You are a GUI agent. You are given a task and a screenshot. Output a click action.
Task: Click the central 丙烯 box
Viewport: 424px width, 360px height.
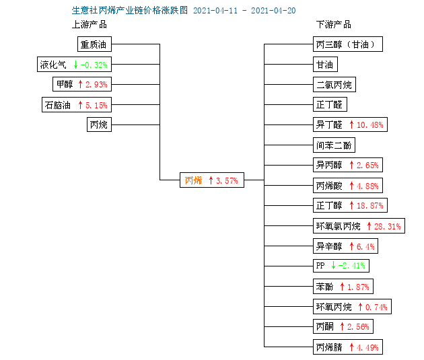click(212, 180)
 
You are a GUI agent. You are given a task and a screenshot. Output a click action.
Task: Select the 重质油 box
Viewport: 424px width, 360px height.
click(94, 44)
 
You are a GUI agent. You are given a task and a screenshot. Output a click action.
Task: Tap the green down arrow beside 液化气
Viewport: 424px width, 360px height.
click(75, 65)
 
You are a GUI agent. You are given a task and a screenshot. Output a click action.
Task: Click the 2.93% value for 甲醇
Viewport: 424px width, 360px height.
click(96, 85)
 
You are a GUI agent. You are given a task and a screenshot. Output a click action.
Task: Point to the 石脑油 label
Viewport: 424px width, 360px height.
click(58, 105)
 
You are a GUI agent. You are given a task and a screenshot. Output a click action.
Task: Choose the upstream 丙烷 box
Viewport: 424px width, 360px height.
click(99, 124)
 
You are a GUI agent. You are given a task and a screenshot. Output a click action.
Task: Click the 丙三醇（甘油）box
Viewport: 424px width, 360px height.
click(348, 44)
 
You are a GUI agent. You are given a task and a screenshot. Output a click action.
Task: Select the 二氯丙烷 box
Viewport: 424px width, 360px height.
click(334, 85)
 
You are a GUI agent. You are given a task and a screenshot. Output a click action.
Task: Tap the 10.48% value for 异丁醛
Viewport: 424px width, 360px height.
click(370, 125)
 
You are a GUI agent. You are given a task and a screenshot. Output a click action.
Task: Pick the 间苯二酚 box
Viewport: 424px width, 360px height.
click(334, 145)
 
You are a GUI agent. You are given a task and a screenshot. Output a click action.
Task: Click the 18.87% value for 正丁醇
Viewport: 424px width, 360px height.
click(370, 206)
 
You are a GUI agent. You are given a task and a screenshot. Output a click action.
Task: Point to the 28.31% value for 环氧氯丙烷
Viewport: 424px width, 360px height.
click(388, 226)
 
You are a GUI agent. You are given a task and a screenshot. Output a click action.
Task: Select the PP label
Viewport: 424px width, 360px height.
click(320, 266)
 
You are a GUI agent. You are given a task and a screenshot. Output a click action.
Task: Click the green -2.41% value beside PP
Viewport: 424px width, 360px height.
click(352, 266)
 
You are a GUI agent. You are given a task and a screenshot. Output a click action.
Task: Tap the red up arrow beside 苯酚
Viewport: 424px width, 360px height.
click(342, 287)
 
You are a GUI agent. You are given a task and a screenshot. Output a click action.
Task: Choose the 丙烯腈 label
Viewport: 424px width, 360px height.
click(329, 347)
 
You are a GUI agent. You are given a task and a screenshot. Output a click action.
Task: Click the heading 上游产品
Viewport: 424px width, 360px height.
click(90, 25)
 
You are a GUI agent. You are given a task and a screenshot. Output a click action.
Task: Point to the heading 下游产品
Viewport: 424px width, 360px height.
click(334, 25)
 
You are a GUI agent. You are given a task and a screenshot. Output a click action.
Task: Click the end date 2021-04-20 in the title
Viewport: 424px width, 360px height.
click(273, 11)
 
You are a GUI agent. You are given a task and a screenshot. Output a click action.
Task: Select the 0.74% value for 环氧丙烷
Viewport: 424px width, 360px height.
click(376, 307)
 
